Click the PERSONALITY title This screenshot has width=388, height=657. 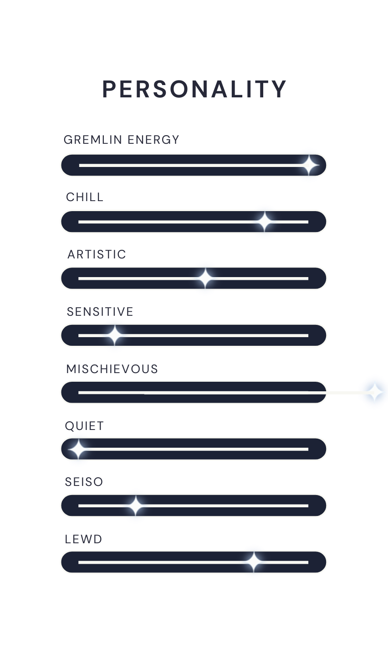(x=194, y=89)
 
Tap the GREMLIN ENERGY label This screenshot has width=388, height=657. (x=122, y=140)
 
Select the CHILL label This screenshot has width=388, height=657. (x=85, y=197)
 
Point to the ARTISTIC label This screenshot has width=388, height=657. (x=97, y=254)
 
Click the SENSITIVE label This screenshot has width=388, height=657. (x=100, y=312)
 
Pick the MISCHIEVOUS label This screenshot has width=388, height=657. (x=112, y=369)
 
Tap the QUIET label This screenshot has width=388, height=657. (x=84, y=426)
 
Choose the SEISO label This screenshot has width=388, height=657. (x=84, y=482)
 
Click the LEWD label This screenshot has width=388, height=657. (x=83, y=540)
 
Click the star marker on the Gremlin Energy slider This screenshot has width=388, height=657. (x=309, y=165)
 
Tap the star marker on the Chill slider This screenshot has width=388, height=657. (x=265, y=222)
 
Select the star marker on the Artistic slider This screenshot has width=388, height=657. (x=205, y=278)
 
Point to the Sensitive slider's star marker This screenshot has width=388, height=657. (x=114, y=335)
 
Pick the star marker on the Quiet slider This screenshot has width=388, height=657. (x=78, y=450)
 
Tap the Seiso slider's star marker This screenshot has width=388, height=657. (x=135, y=506)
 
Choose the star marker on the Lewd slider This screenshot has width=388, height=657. (x=254, y=562)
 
